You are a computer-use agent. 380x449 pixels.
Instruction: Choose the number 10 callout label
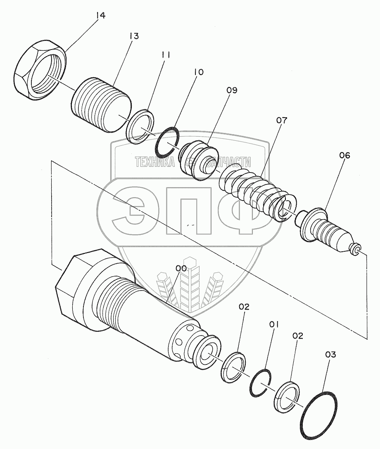click(x=198, y=72)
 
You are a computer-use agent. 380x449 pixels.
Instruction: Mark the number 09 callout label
click(x=232, y=90)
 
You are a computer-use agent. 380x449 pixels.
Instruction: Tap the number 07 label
click(x=282, y=121)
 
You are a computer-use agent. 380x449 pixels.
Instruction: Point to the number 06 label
click(x=344, y=156)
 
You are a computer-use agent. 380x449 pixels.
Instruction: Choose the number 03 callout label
click(x=330, y=354)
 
